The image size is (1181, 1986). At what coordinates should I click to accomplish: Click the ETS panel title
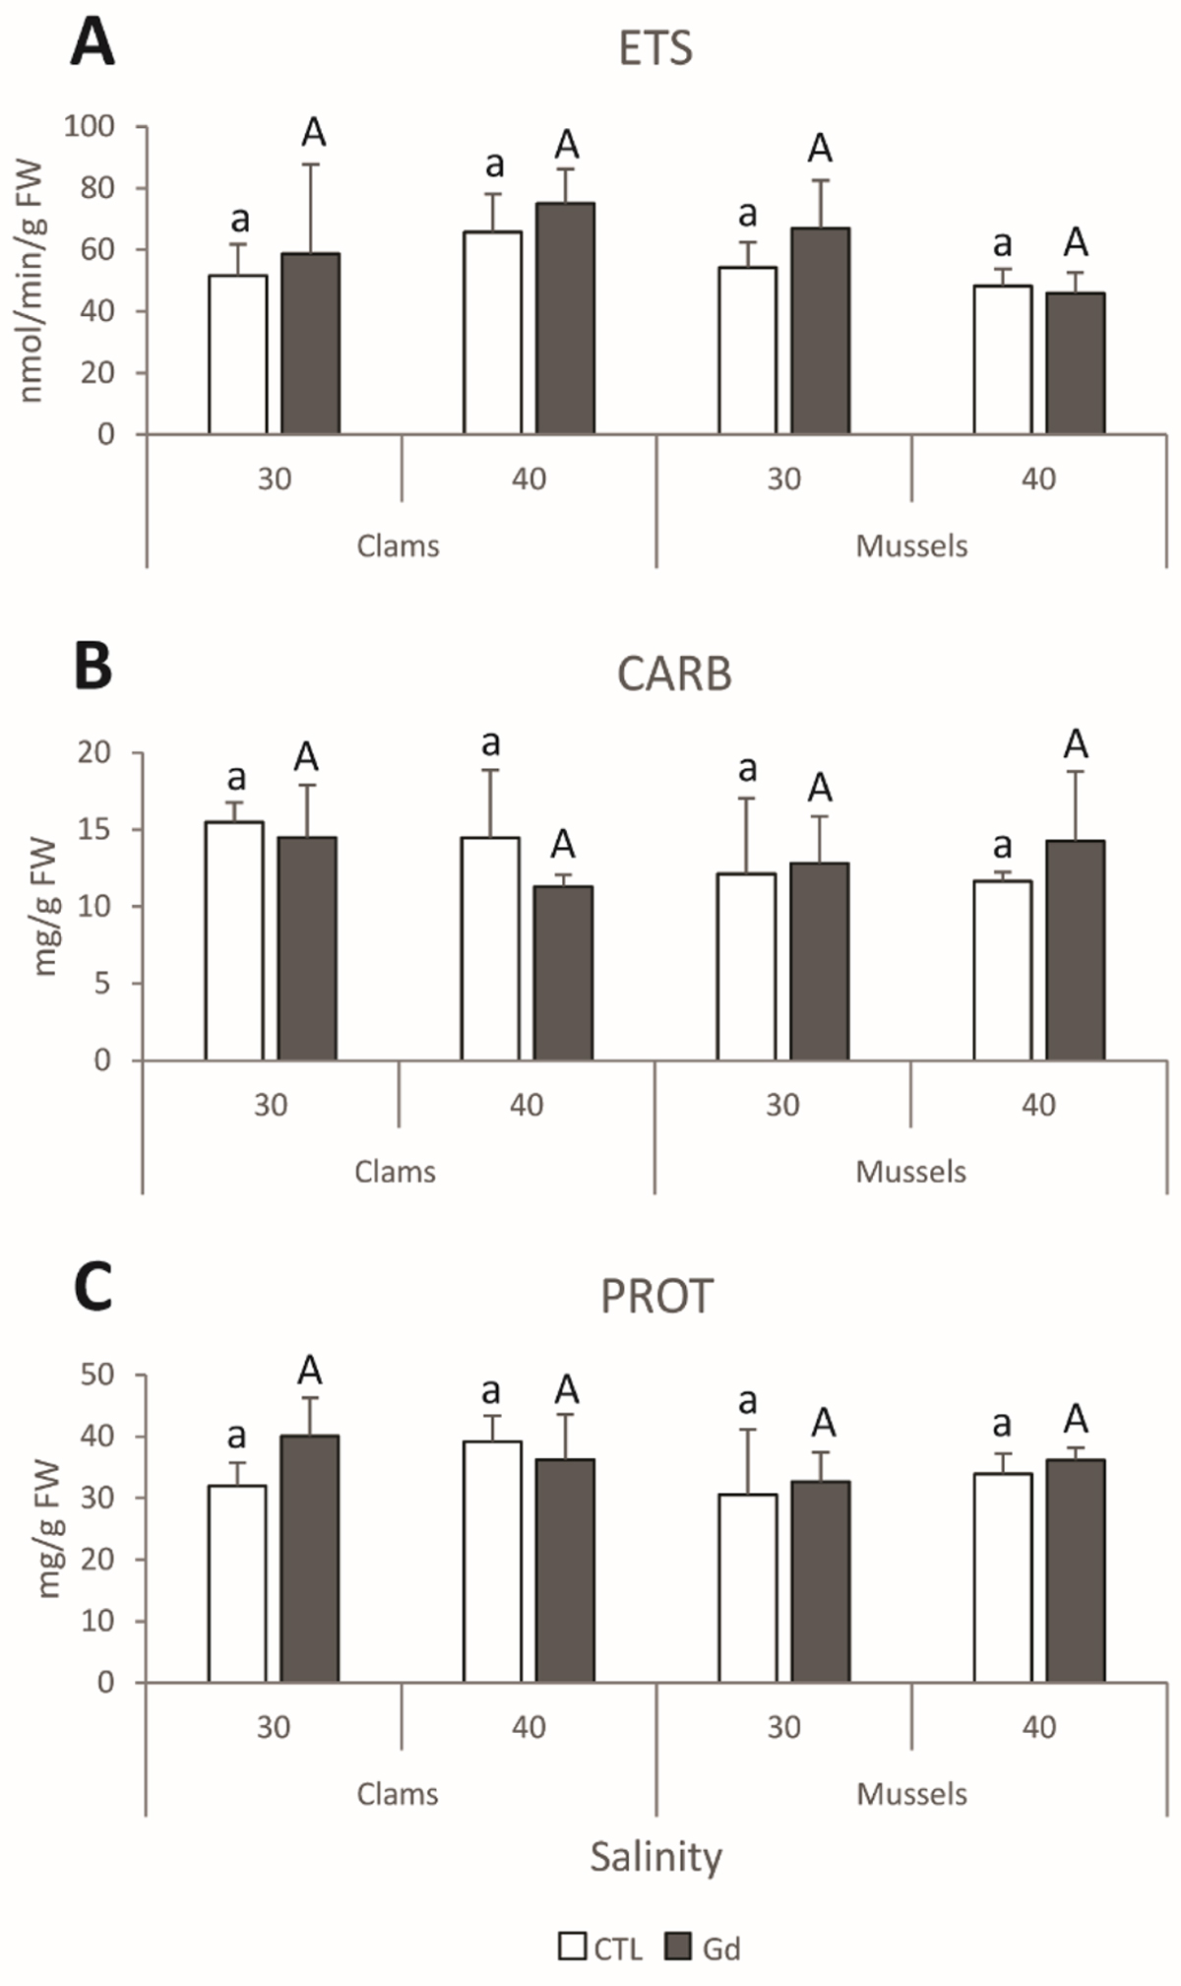click(x=655, y=48)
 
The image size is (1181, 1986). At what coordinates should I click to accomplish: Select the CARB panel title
click(x=674, y=674)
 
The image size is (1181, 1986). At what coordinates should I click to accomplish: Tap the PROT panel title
click(x=656, y=1297)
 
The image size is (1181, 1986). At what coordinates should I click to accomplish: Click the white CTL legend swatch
click(x=572, y=1947)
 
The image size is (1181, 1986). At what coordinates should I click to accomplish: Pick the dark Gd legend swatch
click(x=678, y=1947)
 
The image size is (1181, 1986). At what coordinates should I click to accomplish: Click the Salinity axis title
click(x=655, y=1857)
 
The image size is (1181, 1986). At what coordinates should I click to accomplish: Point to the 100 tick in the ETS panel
click(x=90, y=126)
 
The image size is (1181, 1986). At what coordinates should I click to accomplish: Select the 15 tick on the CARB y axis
click(x=94, y=829)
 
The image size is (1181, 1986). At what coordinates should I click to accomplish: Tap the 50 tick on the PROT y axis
click(x=96, y=1375)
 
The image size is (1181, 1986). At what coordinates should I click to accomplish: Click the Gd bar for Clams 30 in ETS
click(x=311, y=344)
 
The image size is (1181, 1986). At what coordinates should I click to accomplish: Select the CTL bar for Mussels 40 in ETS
click(x=1002, y=359)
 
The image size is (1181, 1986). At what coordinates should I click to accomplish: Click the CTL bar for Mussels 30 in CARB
click(x=746, y=967)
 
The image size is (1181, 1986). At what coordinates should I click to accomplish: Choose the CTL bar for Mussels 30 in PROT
click(x=747, y=1587)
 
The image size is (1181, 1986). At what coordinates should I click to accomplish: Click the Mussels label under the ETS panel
click(x=911, y=546)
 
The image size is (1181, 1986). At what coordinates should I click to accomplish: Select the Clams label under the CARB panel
click(x=395, y=1172)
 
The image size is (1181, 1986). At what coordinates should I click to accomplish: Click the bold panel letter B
click(x=93, y=667)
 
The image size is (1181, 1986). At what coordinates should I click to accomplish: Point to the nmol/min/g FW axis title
click(x=33, y=280)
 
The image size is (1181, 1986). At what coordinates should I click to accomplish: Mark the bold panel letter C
click(x=93, y=1288)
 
